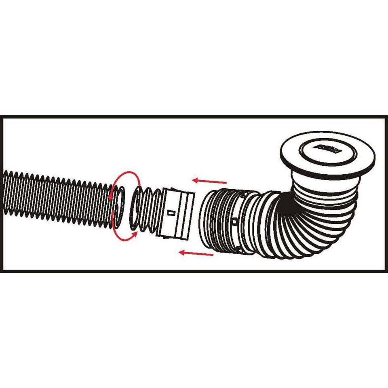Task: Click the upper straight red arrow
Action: pyautogui.click(x=209, y=181)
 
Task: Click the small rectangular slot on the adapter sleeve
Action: pyautogui.click(x=170, y=211)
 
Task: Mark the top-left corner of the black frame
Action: pyautogui.click(x=2, y=118)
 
